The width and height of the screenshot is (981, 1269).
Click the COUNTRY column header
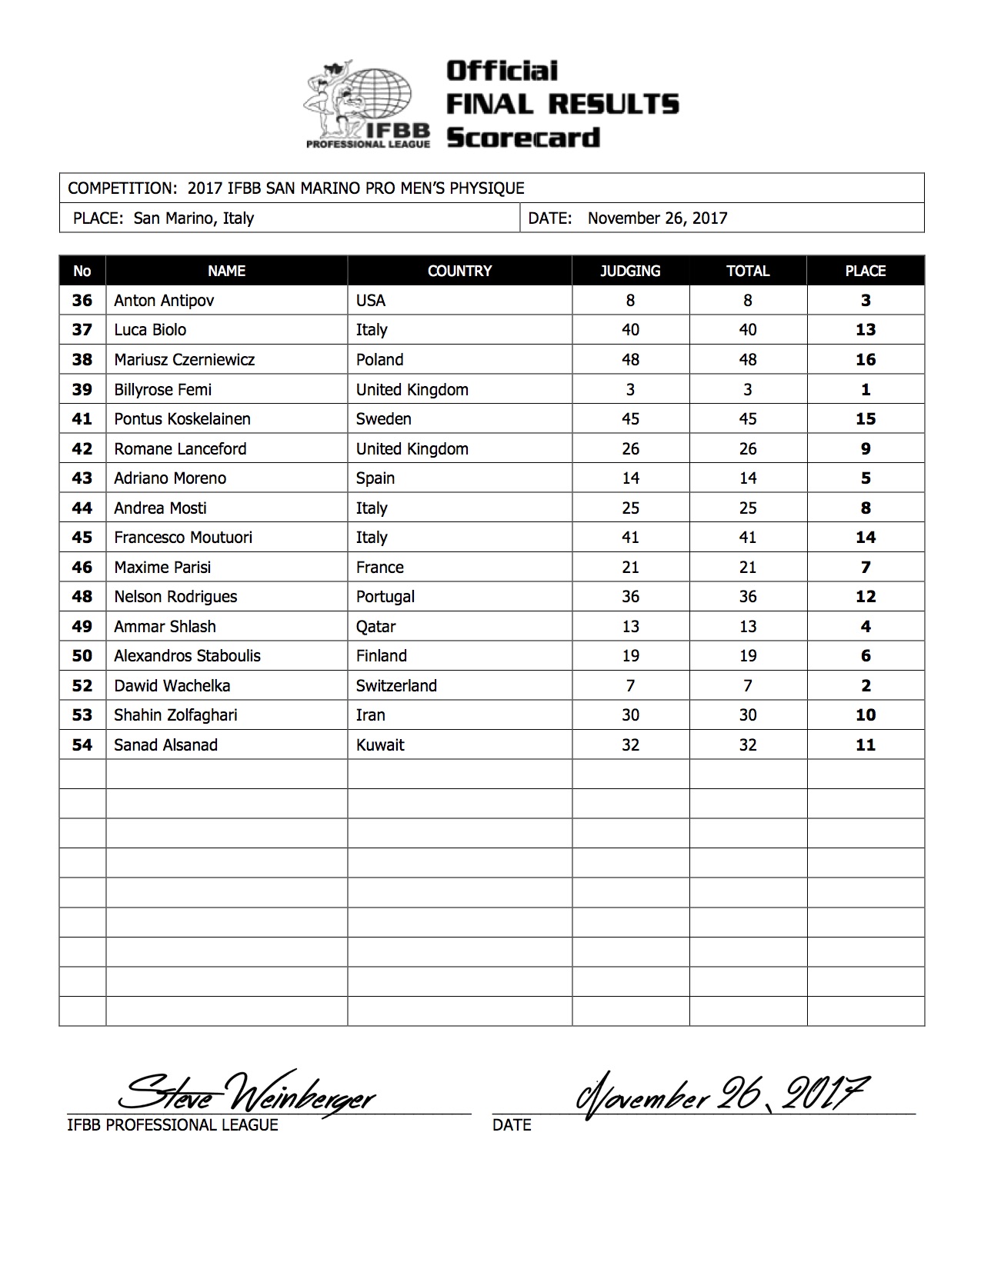[x=459, y=271]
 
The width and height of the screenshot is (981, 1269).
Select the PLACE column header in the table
[x=865, y=271]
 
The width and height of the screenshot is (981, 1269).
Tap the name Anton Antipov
[x=164, y=301]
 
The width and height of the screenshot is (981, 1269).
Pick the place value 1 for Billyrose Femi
[x=866, y=390]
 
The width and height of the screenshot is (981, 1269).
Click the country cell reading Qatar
[x=375, y=627]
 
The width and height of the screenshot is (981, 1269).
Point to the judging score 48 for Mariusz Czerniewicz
[x=630, y=360]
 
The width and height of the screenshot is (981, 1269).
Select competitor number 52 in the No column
[x=82, y=686]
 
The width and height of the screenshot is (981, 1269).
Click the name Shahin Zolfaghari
[x=175, y=715]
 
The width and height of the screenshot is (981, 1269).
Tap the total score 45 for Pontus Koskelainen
[x=747, y=419]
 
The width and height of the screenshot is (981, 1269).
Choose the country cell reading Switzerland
[x=396, y=686]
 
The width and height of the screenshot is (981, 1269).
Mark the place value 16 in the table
[x=866, y=360]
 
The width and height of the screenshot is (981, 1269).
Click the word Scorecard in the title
[x=523, y=138]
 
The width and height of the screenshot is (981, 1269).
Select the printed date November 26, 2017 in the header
[x=657, y=218]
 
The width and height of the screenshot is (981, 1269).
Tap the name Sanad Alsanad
[x=165, y=745]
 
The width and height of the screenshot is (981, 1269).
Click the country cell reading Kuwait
[x=380, y=745]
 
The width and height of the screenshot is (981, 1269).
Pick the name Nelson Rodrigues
[x=175, y=597]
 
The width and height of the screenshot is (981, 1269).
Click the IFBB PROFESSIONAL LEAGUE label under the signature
[x=172, y=1125]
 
